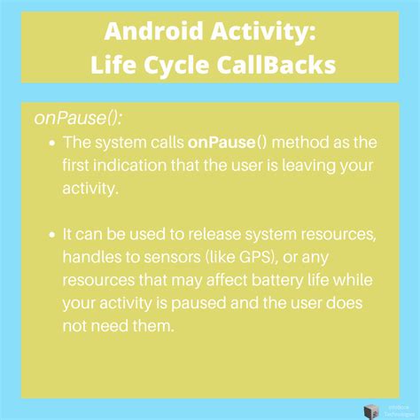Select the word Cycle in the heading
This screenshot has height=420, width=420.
coord(182,66)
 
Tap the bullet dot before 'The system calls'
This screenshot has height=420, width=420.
coord(54,142)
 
